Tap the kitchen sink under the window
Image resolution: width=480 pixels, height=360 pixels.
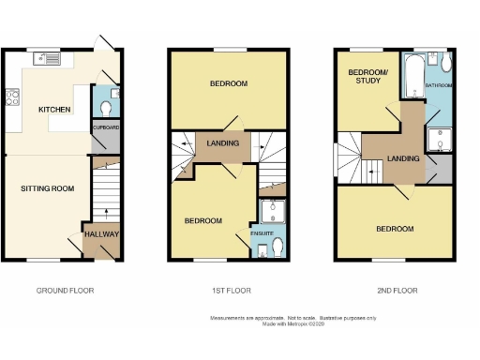(47, 58)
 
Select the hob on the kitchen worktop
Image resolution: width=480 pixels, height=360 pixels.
(13, 95)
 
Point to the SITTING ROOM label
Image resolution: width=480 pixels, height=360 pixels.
(48, 188)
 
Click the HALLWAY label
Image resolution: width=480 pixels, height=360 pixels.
(101, 234)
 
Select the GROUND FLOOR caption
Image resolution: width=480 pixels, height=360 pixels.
(65, 291)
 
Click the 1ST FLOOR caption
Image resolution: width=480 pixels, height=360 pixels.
(230, 291)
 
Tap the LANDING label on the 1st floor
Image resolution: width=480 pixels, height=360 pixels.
(222, 143)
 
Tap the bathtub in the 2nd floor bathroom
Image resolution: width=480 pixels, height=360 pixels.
(413, 77)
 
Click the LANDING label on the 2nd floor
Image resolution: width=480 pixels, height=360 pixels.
(402, 158)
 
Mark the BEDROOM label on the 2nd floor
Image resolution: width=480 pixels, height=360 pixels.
(395, 229)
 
